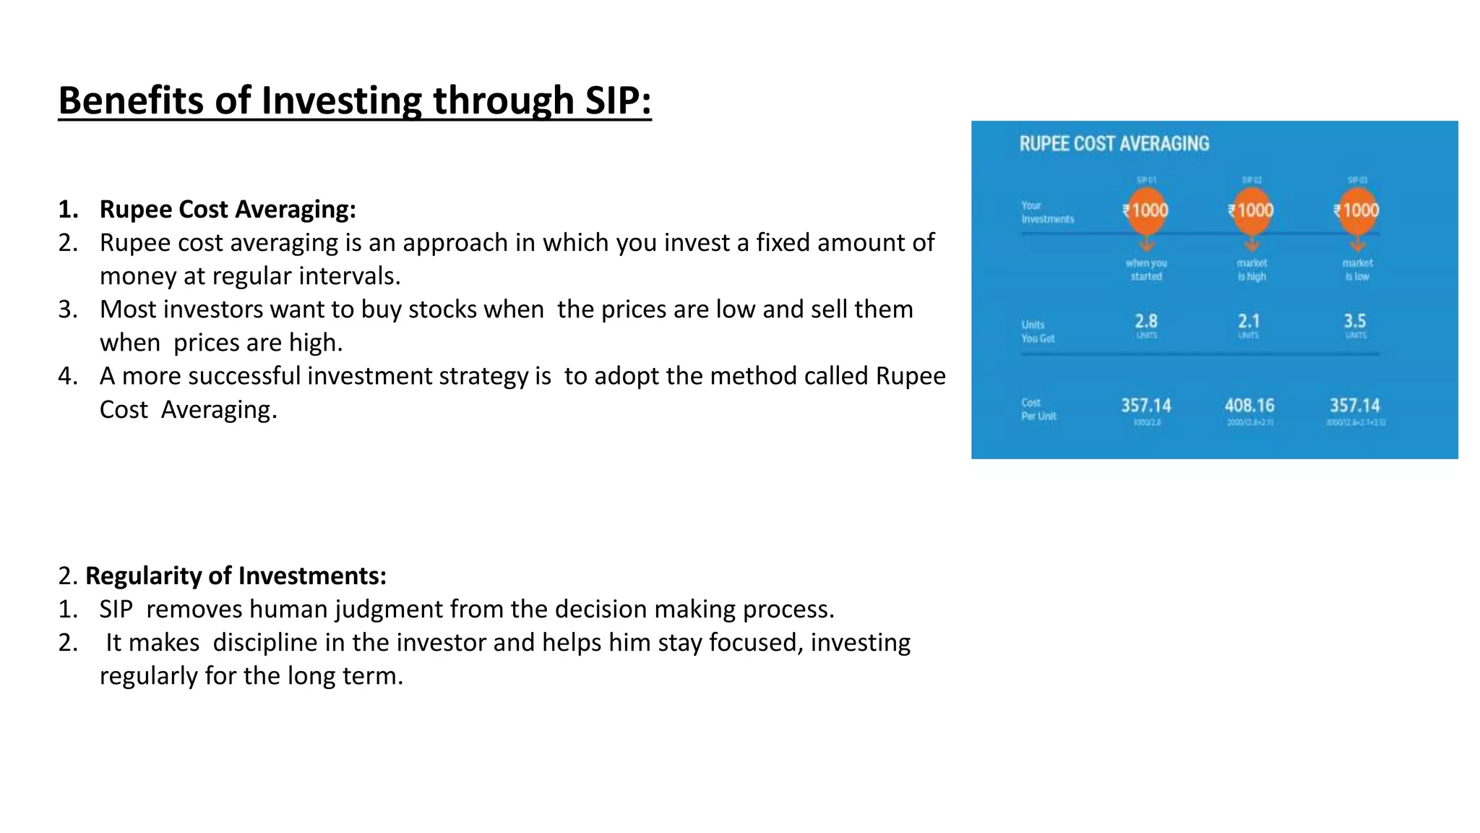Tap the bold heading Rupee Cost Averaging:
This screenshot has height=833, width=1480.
click(x=228, y=209)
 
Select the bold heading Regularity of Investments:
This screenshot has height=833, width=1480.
click(x=236, y=576)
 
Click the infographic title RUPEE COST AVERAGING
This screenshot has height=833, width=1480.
click(x=1114, y=144)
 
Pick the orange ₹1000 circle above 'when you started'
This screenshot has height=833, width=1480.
click(x=1146, y=210)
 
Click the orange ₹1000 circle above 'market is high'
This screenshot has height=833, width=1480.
click(x=1252, y=210)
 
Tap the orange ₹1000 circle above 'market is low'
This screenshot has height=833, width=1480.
click(x=1357, y=210)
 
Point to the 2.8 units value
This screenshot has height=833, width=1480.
click(x=1146, y=321)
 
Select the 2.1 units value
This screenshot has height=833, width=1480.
click(x=1249, y=321)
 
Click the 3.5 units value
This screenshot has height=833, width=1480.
click(x=1355, y=321)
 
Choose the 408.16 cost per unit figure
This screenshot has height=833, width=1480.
click(x=1249, y=406)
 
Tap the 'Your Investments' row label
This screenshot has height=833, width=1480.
click(x=1046, y=212)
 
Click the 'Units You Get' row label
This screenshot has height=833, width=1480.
click(x=1038, y=331)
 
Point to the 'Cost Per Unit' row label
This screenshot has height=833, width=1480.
click(x=1038, y=409)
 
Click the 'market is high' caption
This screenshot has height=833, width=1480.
click(x=1252, y=270)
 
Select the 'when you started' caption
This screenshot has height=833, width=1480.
click(x=1146, y=270)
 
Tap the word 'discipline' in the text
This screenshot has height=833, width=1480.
click(x=265, y=643)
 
